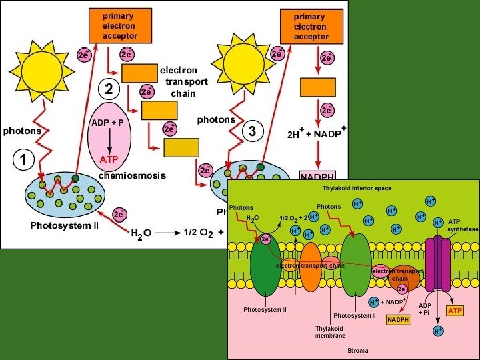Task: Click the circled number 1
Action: coord(23,159)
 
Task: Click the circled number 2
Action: coord(109,87)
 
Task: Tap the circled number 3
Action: coord(251,131)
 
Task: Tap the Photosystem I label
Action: coord(354,315)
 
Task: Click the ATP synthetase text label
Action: coord(463,225)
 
